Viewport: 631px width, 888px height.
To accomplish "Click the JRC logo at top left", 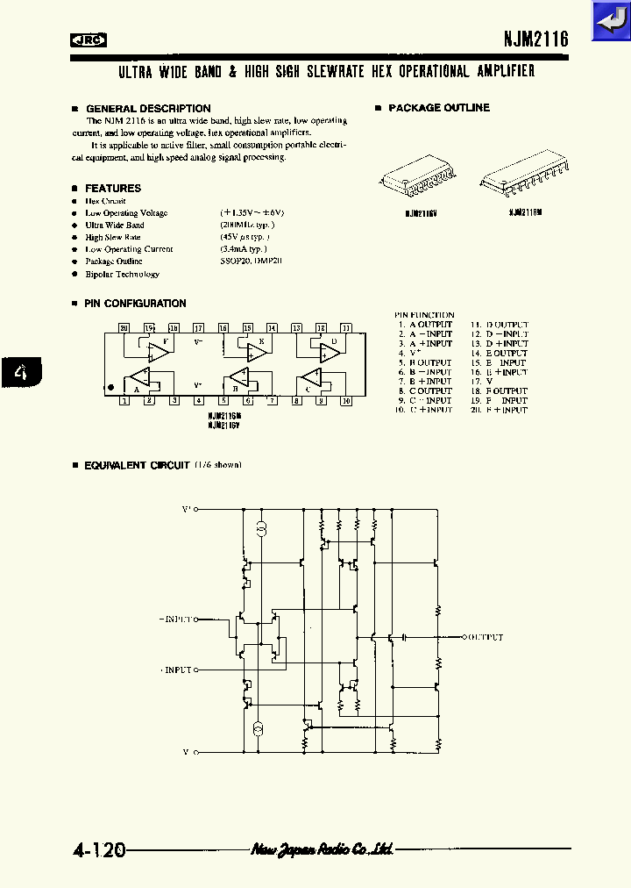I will point(89,39).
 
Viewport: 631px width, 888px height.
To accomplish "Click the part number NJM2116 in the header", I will point(535,39).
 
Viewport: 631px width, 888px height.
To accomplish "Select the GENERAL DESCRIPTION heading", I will point(147,109).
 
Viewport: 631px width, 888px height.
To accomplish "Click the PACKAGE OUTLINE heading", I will point(438,108).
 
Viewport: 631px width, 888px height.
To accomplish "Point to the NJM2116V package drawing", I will point(419,180).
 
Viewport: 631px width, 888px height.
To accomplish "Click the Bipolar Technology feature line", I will point(122,274).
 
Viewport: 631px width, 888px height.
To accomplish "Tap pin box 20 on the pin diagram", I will point(124,327).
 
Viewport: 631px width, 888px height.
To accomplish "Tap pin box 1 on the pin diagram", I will point(124,401).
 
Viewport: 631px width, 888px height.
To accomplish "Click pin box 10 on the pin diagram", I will point(345,401).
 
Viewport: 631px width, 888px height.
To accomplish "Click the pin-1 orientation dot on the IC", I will point(111,386).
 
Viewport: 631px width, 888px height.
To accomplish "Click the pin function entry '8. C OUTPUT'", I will point(424,390).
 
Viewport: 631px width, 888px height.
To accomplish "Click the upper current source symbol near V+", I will point(260,528).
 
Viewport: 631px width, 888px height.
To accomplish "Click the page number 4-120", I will point(99,850).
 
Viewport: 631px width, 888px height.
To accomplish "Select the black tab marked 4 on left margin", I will point(21,374).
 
